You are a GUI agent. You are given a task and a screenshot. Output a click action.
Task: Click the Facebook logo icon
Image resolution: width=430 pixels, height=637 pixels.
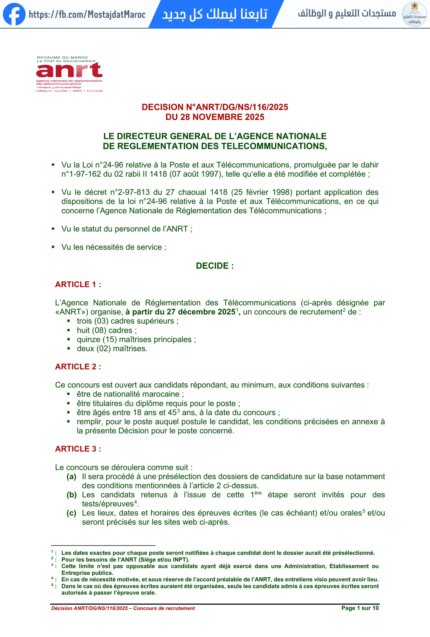[14, 14]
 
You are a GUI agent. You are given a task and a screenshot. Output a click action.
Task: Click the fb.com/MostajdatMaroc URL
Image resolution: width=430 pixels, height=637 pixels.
[87, 15]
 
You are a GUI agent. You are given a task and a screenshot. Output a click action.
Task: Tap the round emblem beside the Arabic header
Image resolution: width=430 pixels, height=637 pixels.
[414, 14]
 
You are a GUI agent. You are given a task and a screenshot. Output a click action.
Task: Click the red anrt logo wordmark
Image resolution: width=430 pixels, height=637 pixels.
[69, 70]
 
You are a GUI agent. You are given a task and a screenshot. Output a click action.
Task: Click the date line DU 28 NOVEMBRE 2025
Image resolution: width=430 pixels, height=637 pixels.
[215, 117]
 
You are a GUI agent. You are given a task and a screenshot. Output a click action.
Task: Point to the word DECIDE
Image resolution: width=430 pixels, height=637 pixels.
[212, 266]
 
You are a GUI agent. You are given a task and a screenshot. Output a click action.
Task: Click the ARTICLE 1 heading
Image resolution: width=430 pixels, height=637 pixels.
[78, 285]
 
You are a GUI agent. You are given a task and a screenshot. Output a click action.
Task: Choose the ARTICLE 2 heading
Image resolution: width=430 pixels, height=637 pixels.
[78, 367]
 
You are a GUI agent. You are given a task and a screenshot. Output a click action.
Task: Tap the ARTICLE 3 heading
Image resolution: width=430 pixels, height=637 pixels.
[78, 449]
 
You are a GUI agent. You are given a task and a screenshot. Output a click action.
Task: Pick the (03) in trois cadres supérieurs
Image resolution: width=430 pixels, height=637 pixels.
[101, 321]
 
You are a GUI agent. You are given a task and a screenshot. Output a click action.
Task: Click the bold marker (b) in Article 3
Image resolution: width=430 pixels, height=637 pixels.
[71, 495]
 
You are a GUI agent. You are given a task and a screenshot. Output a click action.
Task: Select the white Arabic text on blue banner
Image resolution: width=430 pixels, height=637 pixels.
[215, 14]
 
